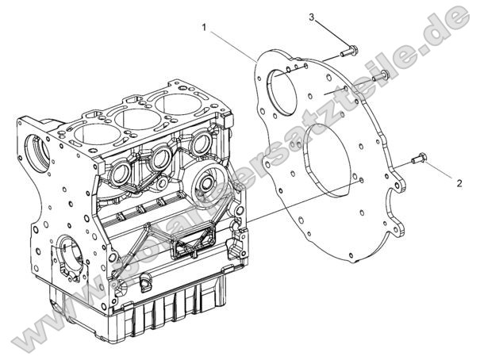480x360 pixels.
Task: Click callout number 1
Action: point(204,27)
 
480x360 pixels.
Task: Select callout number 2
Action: point(459,182)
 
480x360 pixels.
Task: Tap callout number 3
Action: point(312,17)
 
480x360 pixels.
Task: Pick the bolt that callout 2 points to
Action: point(419,160)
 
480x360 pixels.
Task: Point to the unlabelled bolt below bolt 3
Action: point(379,75)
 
